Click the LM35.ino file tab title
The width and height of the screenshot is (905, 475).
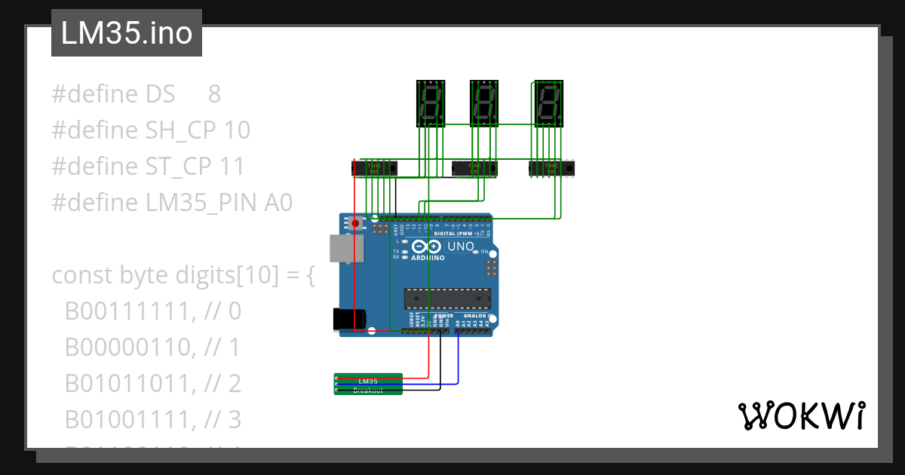126,33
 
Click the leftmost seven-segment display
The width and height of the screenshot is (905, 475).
431,104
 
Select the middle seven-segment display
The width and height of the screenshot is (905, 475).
484,104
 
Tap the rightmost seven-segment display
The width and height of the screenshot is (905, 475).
548,104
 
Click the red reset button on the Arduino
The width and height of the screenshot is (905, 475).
354,223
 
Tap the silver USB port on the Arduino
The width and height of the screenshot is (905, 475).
345,249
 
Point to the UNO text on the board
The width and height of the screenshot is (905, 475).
461,247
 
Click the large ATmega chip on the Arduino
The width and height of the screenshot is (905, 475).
446,299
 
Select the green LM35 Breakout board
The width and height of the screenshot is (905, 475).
368,384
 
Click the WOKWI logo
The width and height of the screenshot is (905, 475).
801,416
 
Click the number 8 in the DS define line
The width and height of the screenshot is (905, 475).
214,94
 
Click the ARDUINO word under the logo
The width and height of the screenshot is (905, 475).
428,258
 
